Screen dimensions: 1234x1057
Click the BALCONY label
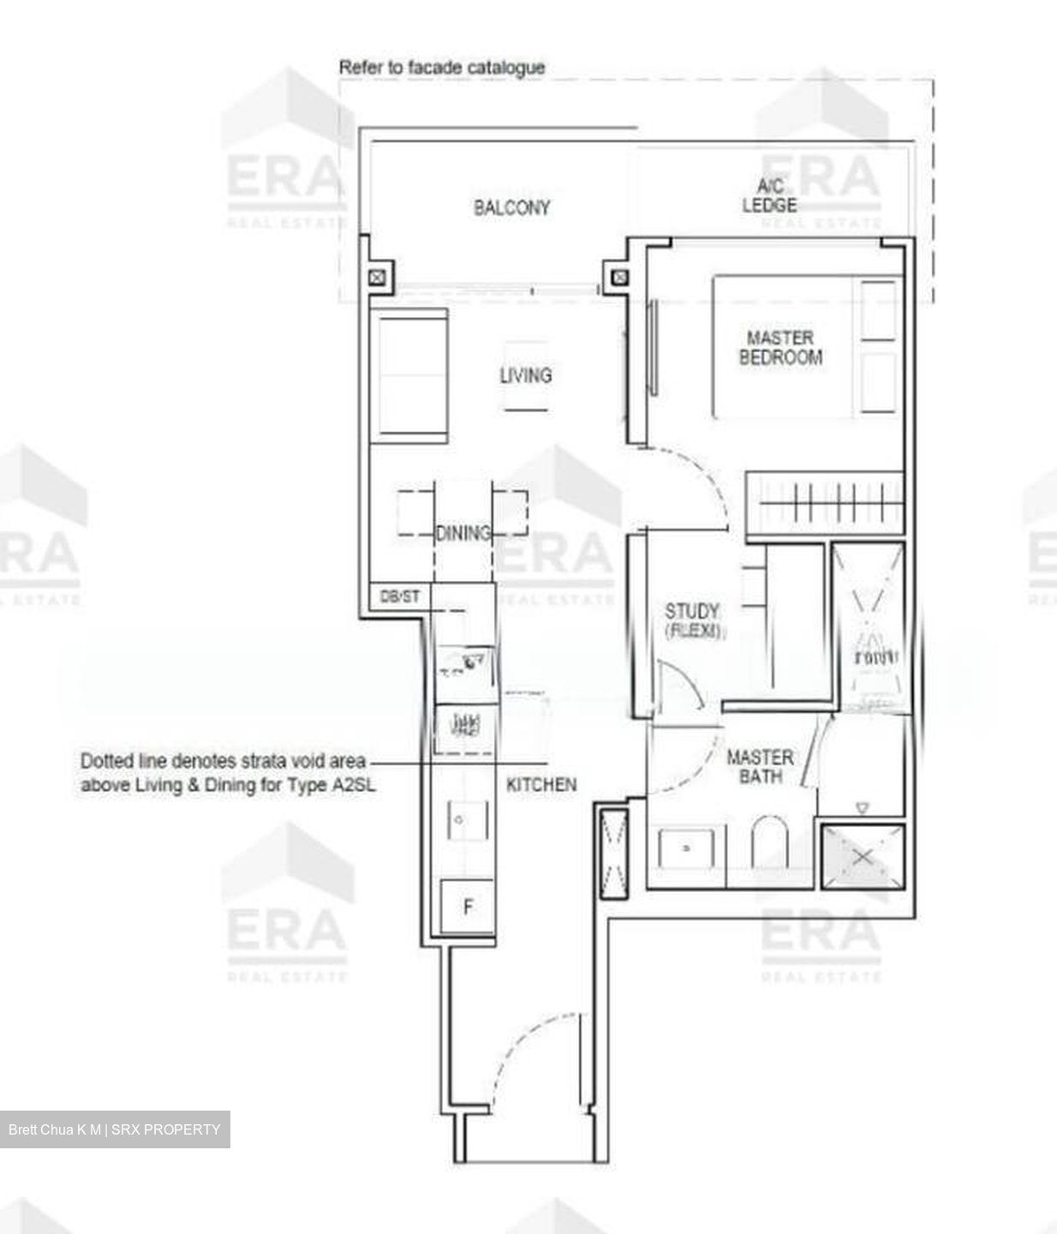(x=511, y=207)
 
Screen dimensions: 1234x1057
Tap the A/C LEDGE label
(x=769, y=196)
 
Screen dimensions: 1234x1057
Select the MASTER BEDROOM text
(x=780, y=347)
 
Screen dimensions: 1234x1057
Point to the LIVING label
(x=525, y=375)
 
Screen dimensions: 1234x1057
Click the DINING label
(x=463, y=533)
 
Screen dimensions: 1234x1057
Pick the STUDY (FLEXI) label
(x=693, y=620)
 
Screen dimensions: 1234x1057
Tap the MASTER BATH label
(x=760, y=766)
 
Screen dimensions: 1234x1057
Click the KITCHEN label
(x=541, y=784)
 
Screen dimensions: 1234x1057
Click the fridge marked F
(x=468, y=907)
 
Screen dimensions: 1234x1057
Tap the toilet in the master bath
(x=768, y=843)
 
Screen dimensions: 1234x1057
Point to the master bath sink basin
(x=686, y=848)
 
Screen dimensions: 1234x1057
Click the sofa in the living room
(x=409, y=375)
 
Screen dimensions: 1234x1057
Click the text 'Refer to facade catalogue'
(x=442, y=67)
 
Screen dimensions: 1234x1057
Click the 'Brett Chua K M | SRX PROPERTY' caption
(x=115, y=1129)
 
